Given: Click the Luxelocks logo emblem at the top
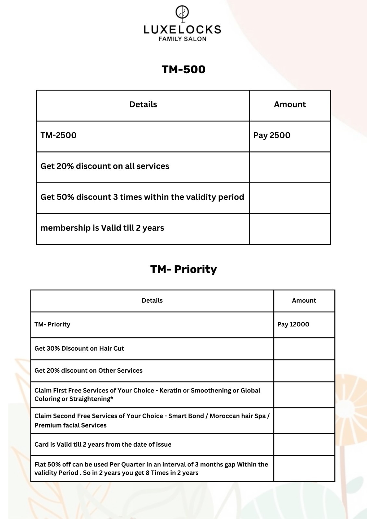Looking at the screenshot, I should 182,12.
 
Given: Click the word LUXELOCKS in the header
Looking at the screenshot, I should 182,30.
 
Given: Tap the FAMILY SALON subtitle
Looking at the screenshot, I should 182,39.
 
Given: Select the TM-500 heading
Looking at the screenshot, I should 183,69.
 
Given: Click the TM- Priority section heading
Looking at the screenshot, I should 183,269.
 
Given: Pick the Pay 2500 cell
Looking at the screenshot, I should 272,135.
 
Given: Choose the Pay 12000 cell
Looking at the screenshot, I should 293,324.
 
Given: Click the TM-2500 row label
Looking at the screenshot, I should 58,135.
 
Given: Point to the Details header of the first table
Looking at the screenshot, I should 143,104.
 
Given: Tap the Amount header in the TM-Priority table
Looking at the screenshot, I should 304,300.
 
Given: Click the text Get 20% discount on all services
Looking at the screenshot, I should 105,166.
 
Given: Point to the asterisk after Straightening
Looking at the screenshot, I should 112,399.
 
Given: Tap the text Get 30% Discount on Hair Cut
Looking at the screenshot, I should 79,348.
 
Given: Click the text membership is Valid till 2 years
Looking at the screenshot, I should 102,228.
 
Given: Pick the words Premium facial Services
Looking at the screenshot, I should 70,425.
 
